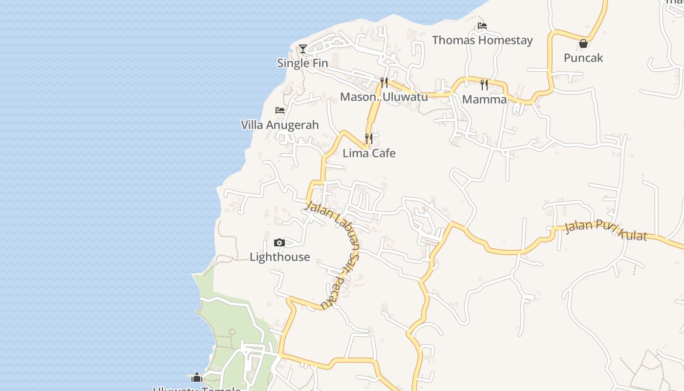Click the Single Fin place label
pos(302,63)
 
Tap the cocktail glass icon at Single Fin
pos(303,48)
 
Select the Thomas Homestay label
pos(482,40)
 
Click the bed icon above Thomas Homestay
pos(482,25)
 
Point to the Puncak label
pos(583,58)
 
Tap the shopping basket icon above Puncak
pos(583,43)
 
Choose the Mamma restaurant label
pos(484,99)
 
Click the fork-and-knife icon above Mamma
pos(484,85)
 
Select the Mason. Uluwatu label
pos(384,97)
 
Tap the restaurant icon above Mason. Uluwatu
pos(384,82)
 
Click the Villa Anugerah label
pos(279,125)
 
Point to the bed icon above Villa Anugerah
pos(280,110)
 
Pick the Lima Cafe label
pos(369,153)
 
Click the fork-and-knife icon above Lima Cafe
pos(369,139)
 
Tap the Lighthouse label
pos(279,257)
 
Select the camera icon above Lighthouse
pos(279,242)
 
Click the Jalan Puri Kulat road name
pos(606,231)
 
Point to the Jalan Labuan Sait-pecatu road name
pos(342,244)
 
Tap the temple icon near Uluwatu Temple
pos(197,377)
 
